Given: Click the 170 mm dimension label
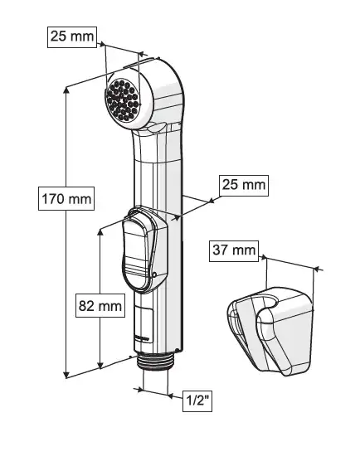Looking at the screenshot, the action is [x=66, y=199].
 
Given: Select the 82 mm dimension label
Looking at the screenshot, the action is [x=100, y=306].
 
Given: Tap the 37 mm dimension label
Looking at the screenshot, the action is [x=234, y=250].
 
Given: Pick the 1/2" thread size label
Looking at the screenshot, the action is [x=197, y=401].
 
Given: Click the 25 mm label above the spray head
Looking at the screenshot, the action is [x=72, y=37].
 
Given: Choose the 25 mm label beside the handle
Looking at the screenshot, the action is [x=244, y=186].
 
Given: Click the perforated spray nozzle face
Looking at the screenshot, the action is [x=123, y=100].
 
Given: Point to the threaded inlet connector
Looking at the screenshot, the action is [x=156, y=362].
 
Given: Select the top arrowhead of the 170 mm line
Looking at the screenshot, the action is [x=66, y=90].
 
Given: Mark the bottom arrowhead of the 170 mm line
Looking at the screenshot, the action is [x=66, y=374].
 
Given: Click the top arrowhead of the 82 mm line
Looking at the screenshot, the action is [x=100, y=232].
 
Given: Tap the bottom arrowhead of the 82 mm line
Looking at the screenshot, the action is [x=100, y=365].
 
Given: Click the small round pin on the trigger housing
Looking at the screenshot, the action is [x=154, y=274].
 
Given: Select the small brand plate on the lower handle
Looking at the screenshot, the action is [x=141, y=337].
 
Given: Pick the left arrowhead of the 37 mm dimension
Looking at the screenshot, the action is [x=264, y=257].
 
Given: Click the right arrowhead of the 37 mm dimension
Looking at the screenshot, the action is [x=315, y=269].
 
